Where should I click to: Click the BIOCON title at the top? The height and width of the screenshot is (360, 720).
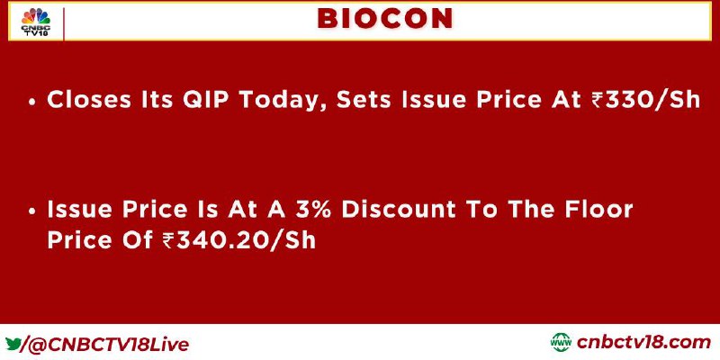[x=385, y=19]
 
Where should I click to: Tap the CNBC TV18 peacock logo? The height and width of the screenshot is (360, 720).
[x=36, y=22]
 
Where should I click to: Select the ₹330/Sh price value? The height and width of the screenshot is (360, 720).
[x=645, y=100]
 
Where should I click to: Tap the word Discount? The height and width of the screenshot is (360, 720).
[x=399, y=209]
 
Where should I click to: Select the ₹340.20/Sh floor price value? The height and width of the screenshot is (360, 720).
[x=239, y=240]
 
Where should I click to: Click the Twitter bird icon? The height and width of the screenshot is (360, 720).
[x=13, y=344]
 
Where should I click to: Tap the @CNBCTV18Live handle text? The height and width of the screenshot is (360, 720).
[x=108, y=345]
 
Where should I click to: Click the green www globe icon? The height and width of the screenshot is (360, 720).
[x=561, y=343]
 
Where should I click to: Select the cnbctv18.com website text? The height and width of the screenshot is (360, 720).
[x=643, y=343]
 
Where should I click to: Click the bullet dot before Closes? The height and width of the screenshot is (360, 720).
[x=31, y=102]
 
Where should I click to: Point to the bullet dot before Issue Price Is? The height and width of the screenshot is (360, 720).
[x=31, y=211]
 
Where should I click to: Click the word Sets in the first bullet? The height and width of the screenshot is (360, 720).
[x=365, y=100]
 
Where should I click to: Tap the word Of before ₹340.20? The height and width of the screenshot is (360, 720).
[x=138, y=240]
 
